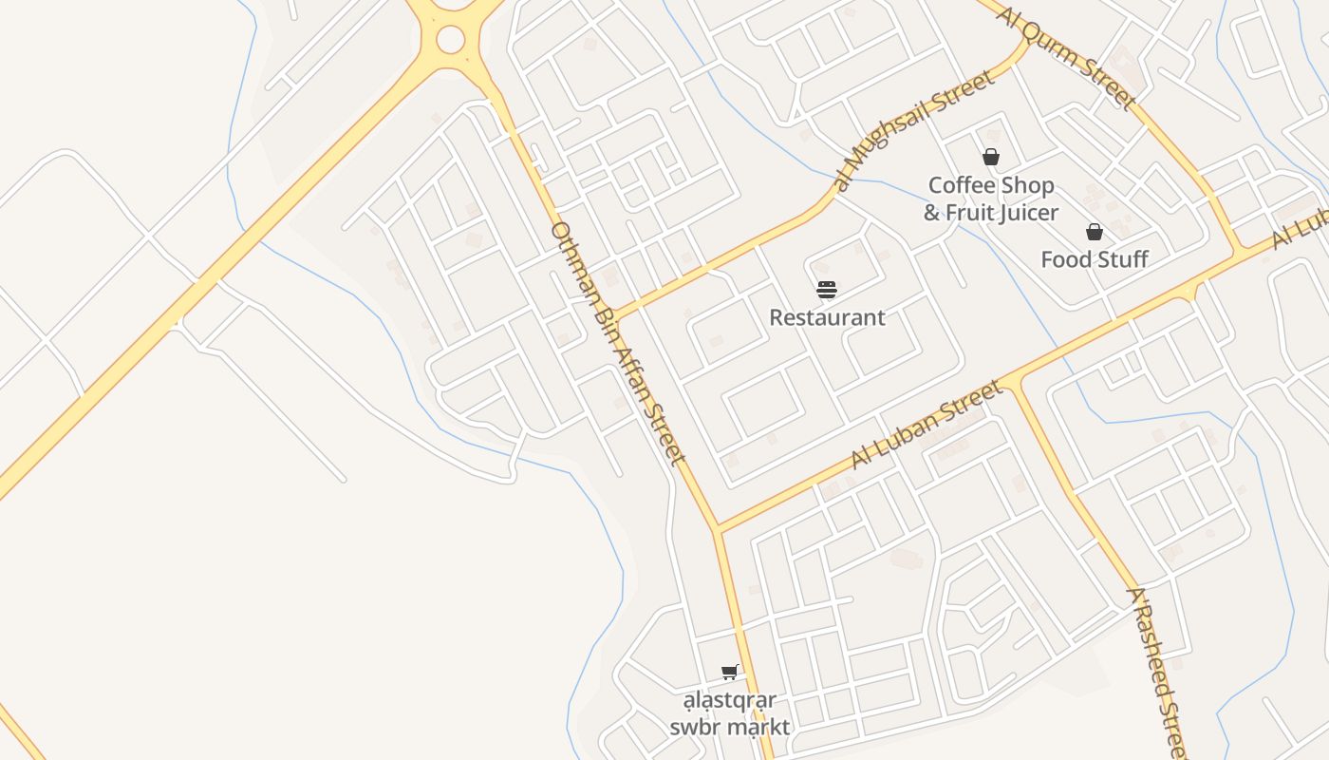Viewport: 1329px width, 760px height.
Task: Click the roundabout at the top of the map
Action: tap(450, 40)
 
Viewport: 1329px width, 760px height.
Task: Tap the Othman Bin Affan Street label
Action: tap(617, 344)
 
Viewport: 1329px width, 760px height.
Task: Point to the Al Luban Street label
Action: tap(926, 425)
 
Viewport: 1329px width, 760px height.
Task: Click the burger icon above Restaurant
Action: tap(827, 290)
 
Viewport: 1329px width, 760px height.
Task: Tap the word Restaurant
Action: tap(827, 317)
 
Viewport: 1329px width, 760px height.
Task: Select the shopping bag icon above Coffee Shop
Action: tap(991, 157)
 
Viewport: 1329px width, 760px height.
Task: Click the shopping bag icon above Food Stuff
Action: tap(1095, 232)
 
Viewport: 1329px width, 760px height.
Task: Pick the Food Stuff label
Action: tap(1095, 259)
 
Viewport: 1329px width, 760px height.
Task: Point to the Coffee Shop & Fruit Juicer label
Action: tap(991, 199)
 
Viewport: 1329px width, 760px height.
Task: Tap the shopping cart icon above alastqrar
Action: tap(730, 673)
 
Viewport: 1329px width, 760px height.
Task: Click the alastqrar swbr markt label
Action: tap(730, 713)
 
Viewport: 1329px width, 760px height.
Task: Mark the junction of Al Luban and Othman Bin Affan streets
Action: tap(719, 528)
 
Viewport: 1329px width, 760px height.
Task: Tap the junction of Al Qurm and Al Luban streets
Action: tap(1240, 251)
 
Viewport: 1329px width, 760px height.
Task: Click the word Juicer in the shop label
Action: tap(1023, 213)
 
